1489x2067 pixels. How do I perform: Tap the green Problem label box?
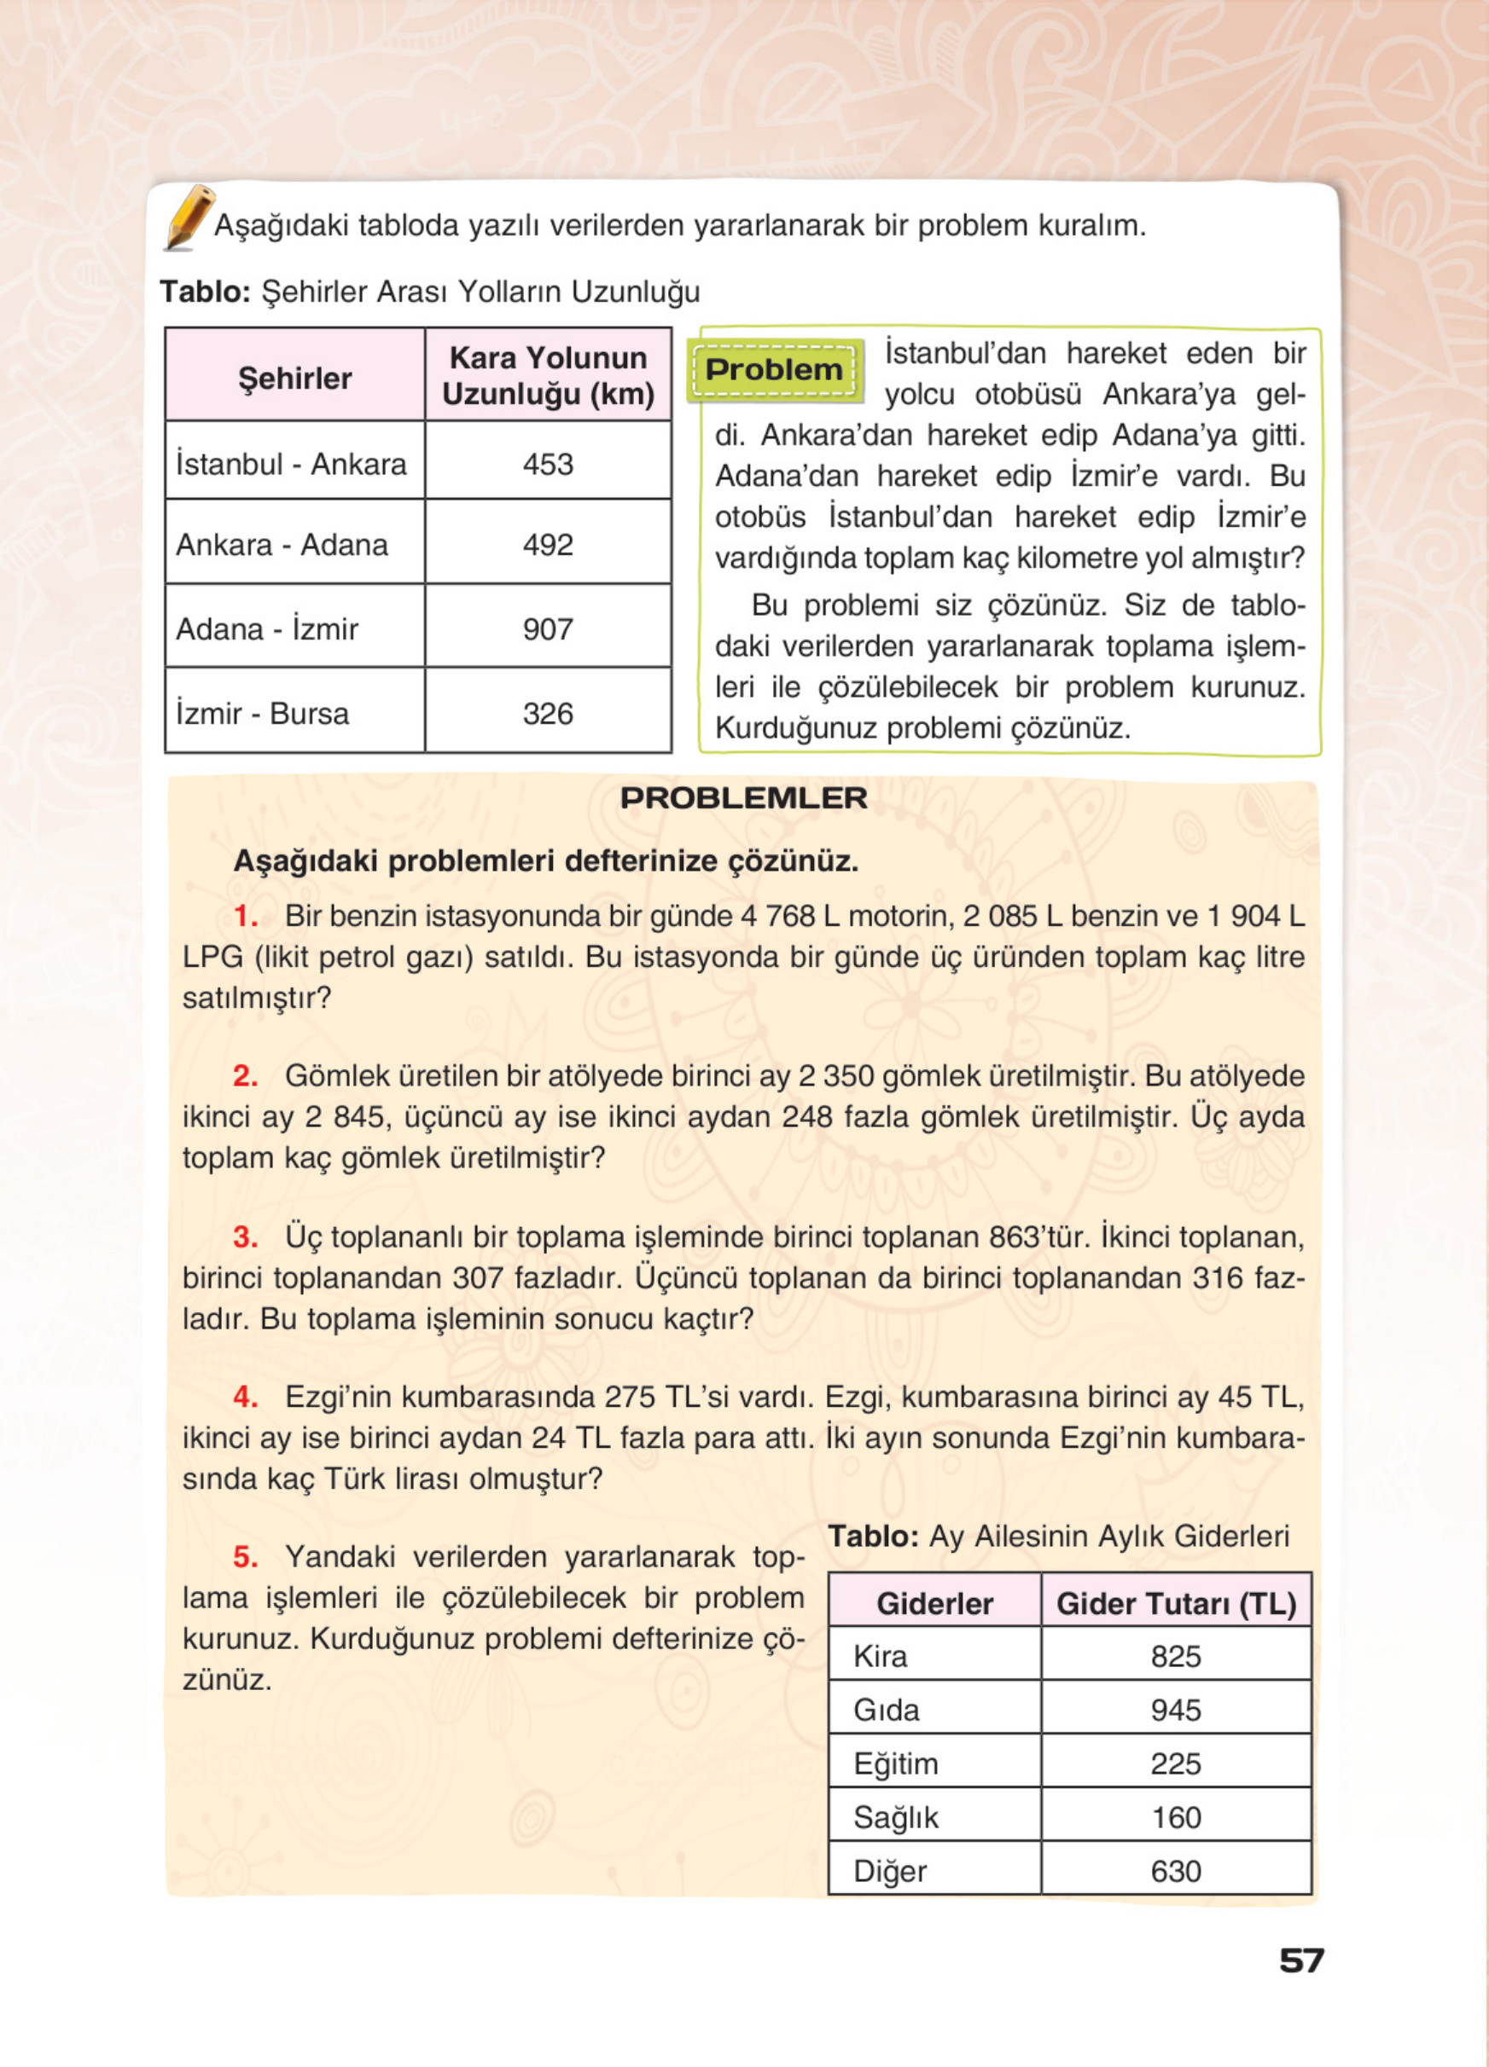tap(773, 370)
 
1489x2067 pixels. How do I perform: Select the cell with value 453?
tap(548, 464)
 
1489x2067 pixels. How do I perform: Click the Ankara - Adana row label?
tap(282, 544)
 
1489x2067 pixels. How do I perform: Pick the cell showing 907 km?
tap(548, 628)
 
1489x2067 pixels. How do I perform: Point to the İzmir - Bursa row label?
tap(263, 713)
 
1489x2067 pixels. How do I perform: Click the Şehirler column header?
tap(294, 377)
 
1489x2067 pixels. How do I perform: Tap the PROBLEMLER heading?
tap(743, 798)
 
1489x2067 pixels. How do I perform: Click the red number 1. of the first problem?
tap(245, 916)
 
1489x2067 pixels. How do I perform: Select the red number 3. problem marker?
tap(245, 1236)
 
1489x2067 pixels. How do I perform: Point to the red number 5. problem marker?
tap(245, 1556)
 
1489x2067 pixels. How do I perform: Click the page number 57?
tap(1301, 1960)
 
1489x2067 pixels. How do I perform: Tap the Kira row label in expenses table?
tap(880, 1656)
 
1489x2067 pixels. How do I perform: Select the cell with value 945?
tap(1175, 1710)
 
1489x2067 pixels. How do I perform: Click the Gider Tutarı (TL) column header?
tap(1175, 1604)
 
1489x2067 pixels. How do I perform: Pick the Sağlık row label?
tap(895, 1817)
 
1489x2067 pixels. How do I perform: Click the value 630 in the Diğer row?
tap(1175, 1871)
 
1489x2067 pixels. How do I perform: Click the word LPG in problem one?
tap(212, 957)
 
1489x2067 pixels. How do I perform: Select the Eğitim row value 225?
tap(1175, 1763)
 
